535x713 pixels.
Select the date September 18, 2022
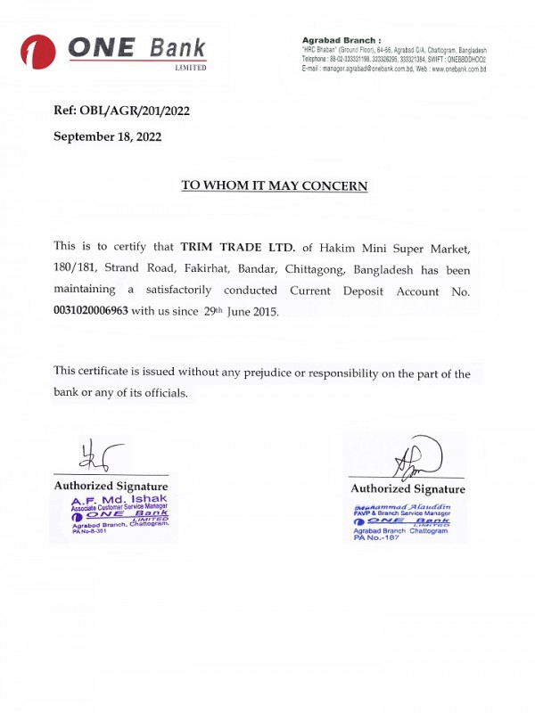pyautogui.click(x=108, y=136)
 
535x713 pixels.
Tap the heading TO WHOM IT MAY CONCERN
pyautogui.click(x=274, y=185)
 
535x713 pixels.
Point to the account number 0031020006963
pyautogui.click(x=91, y=311)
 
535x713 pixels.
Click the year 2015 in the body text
pyautogui.click(x=264, y=312)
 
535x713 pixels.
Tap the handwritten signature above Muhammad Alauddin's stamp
pyautogui.click(x=416, y=460)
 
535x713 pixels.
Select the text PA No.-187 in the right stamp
pyautogui.click(x=378, y=537)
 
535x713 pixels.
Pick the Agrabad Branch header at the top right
pyautogui.click(x=342, y=41)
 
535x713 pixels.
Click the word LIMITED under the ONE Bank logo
pyautogui.click(x=190, y=68)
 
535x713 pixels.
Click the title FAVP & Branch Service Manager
pyautogui.click(x=401, y=514)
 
